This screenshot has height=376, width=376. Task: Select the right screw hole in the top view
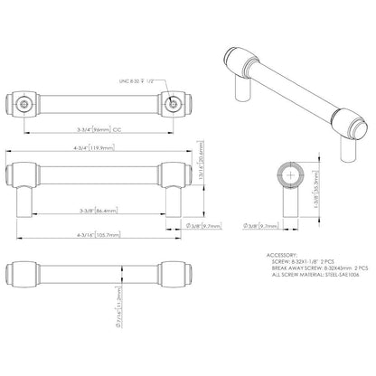click(173, 104)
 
